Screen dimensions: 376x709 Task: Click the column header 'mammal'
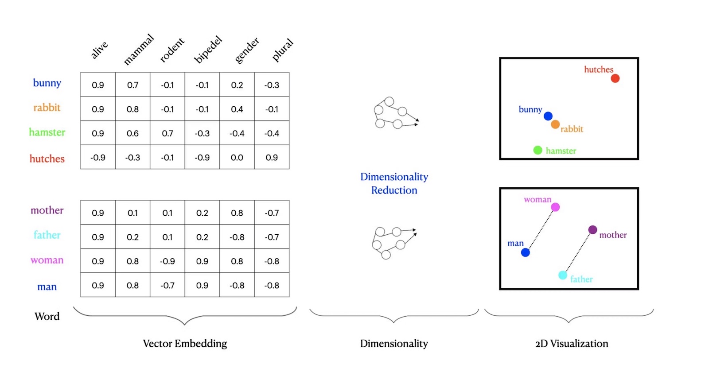[139, 50]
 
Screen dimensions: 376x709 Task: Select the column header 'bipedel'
[208, 50]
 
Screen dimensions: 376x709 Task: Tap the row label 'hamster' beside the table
[47, 132]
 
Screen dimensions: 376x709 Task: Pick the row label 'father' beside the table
[47, 235]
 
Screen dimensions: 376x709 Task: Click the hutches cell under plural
[272, 157]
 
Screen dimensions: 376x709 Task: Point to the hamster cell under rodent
[168, 133]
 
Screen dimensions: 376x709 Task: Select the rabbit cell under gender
[237, 109]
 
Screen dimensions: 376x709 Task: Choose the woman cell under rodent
[168, 261]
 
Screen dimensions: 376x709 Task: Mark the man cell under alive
[98, 286]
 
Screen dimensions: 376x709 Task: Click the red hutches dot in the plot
[615, 78]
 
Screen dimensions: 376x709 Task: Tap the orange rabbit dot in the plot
[555, 124]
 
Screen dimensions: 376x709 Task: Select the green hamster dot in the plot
[538, 150]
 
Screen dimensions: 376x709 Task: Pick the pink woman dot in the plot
[555, 207]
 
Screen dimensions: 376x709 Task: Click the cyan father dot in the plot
[563, 275]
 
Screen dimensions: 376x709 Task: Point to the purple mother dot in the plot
[592, 229]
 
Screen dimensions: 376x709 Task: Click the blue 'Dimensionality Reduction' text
[394, 183]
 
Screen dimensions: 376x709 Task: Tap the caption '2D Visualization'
[572, 344]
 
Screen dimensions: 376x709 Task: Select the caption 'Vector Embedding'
[185, 344]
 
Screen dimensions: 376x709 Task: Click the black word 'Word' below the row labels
[47, 316]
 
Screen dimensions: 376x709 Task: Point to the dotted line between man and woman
[541, 229]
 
